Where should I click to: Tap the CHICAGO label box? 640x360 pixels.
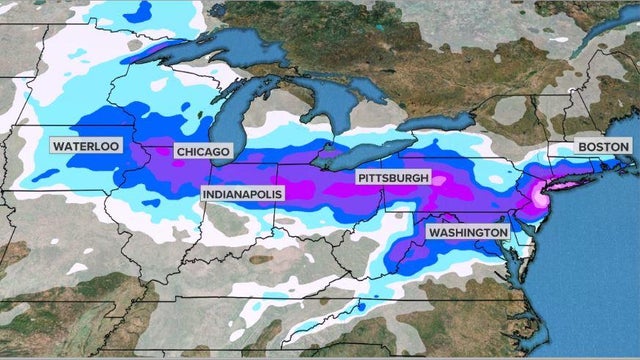click(203, 151)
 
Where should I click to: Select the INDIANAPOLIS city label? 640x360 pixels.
click(242, 192)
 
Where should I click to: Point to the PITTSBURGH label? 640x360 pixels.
click(393, 178)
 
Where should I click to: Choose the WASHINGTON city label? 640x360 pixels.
click(467, 232)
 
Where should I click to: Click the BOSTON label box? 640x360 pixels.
click(604, 147)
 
